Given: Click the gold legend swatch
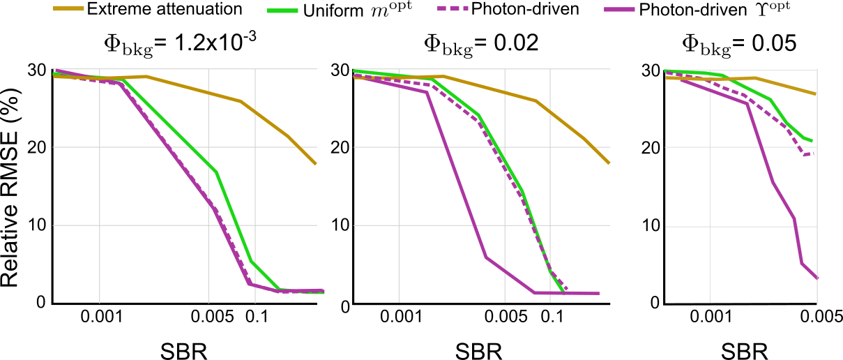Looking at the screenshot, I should tap(68, 8).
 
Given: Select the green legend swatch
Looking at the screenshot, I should tap(282, 10).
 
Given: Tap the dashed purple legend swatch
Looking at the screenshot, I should tap(453, 8).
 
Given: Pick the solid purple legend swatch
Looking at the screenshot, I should tap(619, 9).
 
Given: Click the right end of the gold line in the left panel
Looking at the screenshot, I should tap(316, 164).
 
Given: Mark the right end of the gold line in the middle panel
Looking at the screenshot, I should tap(609, 163).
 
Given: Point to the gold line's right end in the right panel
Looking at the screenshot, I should tap(816, 93).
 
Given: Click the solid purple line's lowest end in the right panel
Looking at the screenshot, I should tap(817, 278).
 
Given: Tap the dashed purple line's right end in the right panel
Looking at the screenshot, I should tap(813, 153).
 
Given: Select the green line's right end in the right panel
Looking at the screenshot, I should tap(812, 141).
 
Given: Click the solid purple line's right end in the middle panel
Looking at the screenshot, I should tap(598, 293).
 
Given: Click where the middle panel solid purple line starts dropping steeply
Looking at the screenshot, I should tap(427, 92).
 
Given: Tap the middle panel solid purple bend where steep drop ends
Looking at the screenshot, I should tap(486, 257).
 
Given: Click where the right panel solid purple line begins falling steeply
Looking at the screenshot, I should tap(747, 103).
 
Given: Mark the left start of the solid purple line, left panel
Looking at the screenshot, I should tap(54, 70).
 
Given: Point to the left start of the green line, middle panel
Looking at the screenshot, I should tap(354, 70).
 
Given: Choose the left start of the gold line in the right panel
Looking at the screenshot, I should tap(667, 77).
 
